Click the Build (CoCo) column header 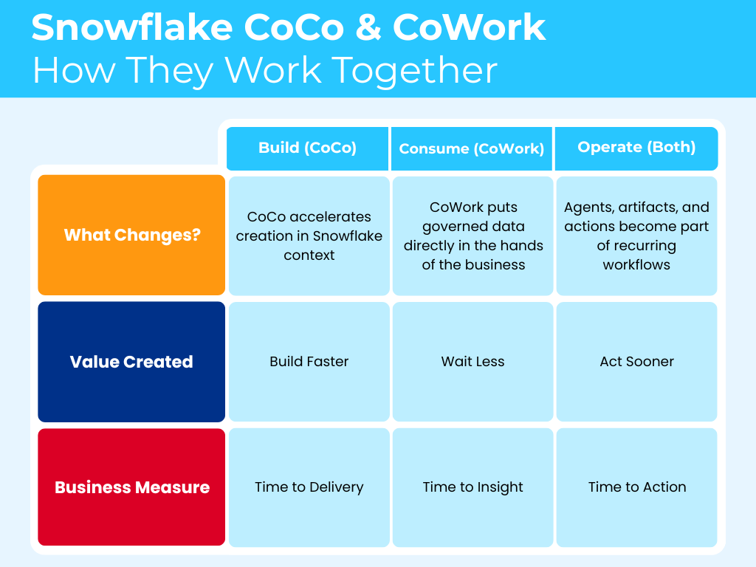point(307,148)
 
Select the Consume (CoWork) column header point(472,148)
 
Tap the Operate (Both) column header point(636,148)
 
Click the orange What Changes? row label point(131,235)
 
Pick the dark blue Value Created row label point(131,362)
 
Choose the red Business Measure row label point(131,487)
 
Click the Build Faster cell point(309,362)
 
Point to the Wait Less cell point(473,362)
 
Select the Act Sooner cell point(637,362)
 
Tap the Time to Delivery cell point(309,487)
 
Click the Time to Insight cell point(473,487)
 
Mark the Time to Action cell point(637,487)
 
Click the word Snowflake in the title point(132,27)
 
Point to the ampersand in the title point(368,27)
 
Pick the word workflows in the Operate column point(636,265)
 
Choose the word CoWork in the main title point(469,27)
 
